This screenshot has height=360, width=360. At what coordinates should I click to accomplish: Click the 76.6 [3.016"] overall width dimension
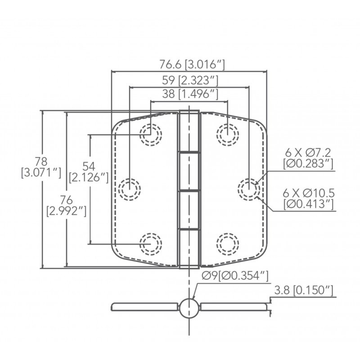pos(189,64)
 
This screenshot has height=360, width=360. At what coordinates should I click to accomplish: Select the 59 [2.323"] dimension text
pos(189,81)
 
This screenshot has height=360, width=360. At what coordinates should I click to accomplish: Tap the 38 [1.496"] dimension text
pos(189,94)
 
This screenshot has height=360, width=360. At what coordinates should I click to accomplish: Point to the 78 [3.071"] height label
pos(41,166)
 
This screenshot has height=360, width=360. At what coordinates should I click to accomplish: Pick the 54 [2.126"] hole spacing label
pos(89,171)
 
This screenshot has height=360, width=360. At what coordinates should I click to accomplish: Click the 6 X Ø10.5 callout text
pos(308,198)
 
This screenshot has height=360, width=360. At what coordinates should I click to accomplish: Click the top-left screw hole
pos(151,133)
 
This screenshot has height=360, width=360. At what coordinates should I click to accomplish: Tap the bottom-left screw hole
pos(151,243)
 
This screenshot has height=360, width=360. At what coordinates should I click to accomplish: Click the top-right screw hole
pos(227,133)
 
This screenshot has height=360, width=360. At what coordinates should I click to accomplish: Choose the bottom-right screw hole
pos(227,243)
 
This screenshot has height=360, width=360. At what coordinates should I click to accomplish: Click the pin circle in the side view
pos(189,308)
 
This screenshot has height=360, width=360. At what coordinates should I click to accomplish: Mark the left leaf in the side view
pos(144,307)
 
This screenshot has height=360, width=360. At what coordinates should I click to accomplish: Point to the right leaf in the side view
pos(234,307)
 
